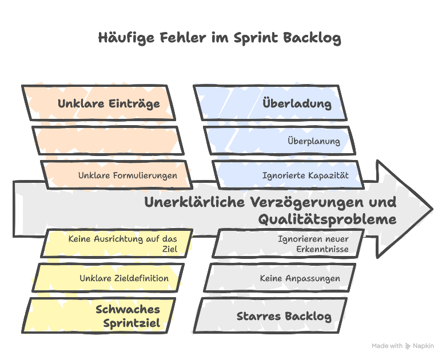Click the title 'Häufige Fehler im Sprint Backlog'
[220, 38]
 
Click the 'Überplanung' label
[314, 141]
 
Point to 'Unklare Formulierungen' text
[128, 175]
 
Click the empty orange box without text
[108, 141]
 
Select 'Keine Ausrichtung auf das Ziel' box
[117, 243]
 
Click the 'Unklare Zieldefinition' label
[124, 278]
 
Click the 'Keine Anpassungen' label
[300, 278]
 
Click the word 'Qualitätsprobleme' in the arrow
[327, 219]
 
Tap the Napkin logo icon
[408, 346]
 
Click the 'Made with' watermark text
[387, 346]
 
